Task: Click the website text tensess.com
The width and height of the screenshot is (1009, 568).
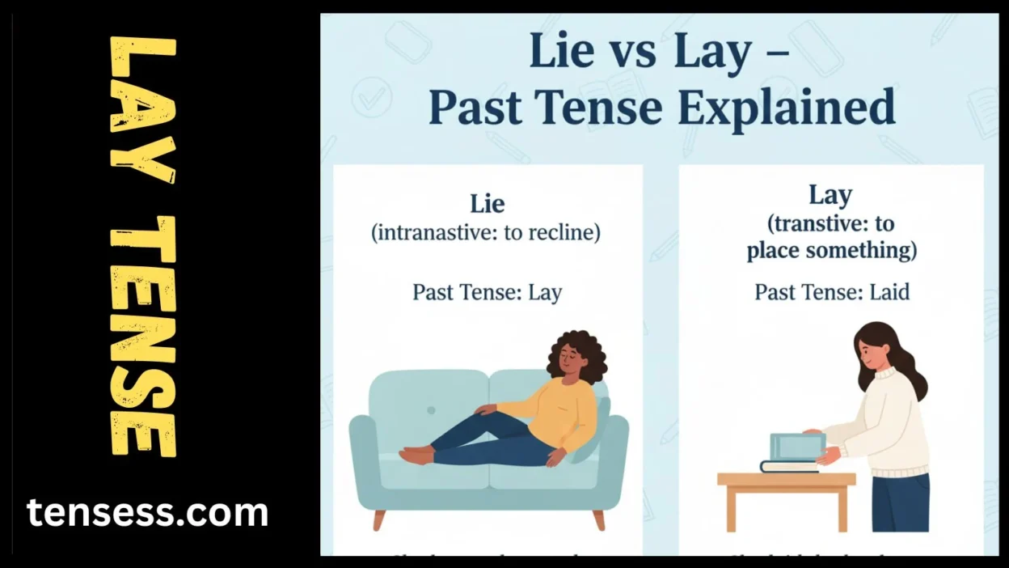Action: [x=147, y=513]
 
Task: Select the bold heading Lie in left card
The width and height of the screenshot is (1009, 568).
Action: [x=487, y=202]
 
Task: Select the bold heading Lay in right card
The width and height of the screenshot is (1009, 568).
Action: [x=830, y=195]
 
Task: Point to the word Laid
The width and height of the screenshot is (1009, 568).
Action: [x=889, y=291]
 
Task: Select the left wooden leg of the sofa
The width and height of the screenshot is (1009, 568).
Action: [x=378, y=519]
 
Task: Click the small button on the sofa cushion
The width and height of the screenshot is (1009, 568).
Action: [x=431, y=410]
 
